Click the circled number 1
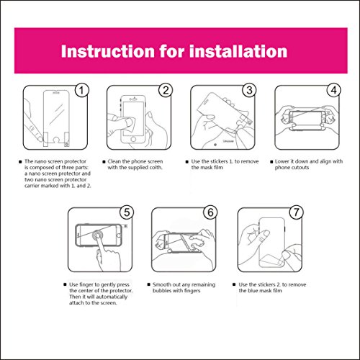(81, 91)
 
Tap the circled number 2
(166, 91)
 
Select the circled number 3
(249, 91)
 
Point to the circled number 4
(333, 91)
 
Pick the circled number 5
(127, 212)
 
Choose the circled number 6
(210, 212)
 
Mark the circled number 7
(296, 212)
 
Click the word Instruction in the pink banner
(108, 51)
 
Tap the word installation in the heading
(238, 51)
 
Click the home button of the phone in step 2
(133, 139)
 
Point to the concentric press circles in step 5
(98, 236)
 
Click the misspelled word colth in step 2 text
(156, 168)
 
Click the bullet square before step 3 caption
(187, 162)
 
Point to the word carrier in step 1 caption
(32, 186)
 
